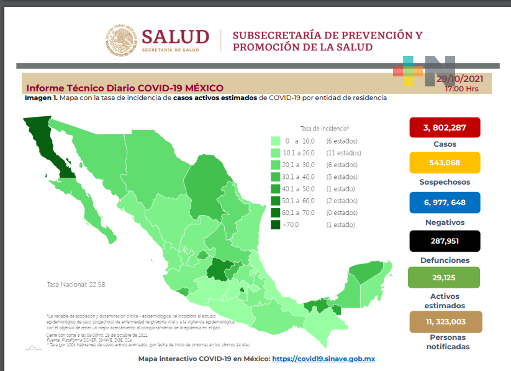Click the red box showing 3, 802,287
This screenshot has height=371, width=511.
[444, 127]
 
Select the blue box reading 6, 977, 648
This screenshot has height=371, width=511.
[444, 203]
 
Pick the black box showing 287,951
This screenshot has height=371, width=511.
[444, 241]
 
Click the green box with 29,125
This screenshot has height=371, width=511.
[444, 277]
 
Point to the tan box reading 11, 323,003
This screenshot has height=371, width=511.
[444, 321]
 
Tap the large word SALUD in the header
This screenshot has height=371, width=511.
[175, 36]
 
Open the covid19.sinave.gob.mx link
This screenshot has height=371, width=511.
[323, 359]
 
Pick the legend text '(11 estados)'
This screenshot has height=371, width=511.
[343, 153]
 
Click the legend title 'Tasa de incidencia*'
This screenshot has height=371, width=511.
[324, 127]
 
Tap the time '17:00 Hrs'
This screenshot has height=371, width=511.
[461, 89]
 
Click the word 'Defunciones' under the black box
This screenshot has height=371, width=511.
[444, 260]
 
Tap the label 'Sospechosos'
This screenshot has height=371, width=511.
[444, 182]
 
